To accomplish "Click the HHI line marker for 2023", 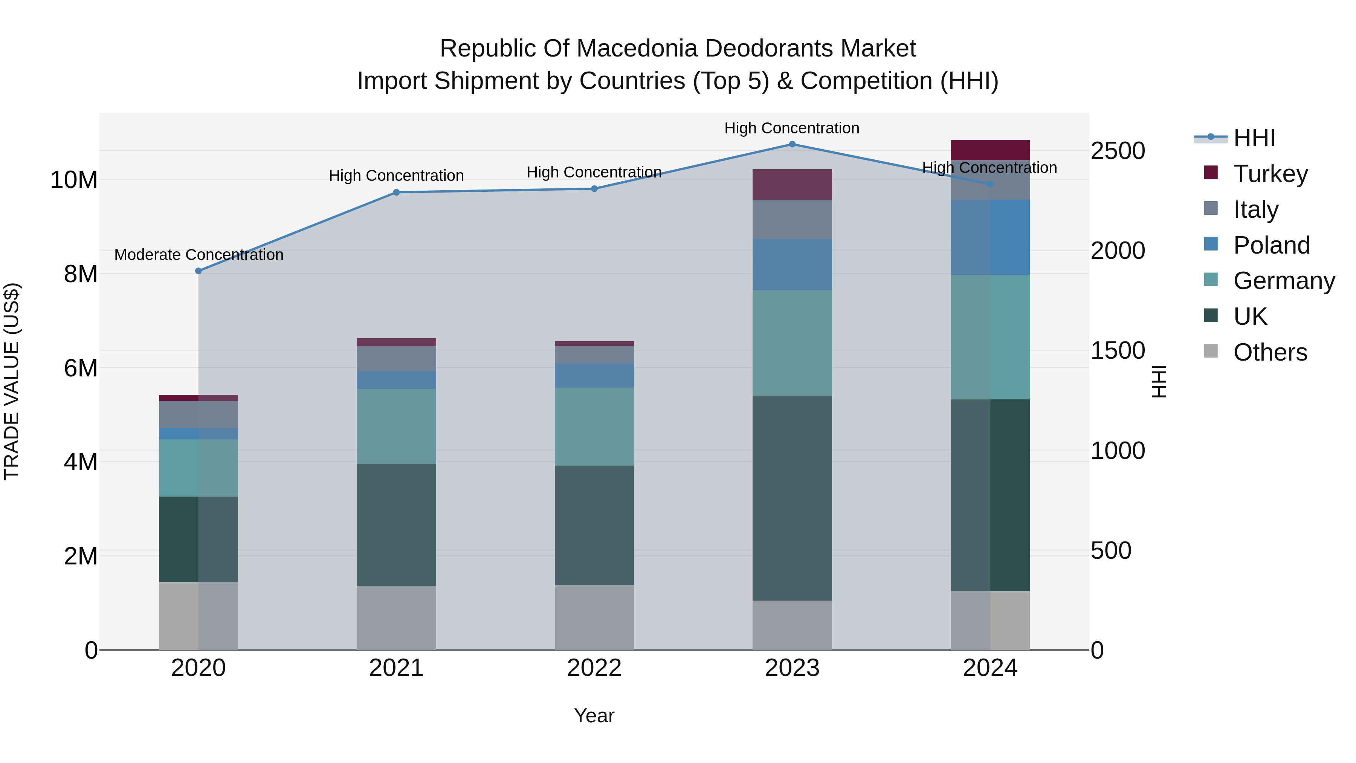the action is point(792,144).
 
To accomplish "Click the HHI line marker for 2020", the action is point(199,271).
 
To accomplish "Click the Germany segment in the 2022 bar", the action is point(594,427).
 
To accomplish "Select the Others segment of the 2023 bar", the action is point(792,625).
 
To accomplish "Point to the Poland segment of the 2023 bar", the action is point(792,265).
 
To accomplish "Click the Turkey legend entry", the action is point(1255,173).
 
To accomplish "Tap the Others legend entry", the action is point(1255,352).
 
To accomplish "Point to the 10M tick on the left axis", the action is point(74,180).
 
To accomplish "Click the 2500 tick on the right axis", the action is point(1118,151).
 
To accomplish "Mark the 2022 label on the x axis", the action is point(594,668).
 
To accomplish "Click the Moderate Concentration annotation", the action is point(199,255).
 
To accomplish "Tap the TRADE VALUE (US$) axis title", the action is point(12,381).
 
